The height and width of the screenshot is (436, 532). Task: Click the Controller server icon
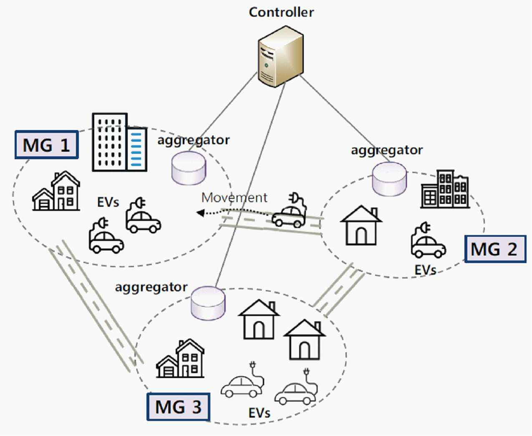point(280,57)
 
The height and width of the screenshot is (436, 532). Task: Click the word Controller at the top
point(281,13)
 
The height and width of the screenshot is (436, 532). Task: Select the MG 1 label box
point(47,145)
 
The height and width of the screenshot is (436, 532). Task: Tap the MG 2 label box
point(495,249)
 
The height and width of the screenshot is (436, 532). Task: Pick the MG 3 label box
point(178,406)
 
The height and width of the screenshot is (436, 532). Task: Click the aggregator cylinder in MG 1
point(189,168)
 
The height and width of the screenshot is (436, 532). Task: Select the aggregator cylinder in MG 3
point(208,303)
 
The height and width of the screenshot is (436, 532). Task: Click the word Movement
point(234,198)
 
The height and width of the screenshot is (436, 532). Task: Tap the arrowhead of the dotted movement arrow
point(200,213)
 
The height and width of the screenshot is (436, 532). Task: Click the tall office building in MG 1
point(120,143)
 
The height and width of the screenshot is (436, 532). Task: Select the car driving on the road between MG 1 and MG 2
point(289,210)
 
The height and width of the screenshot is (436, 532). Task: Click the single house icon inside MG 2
point(361,225)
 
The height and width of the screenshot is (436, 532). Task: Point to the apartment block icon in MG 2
point(445,189)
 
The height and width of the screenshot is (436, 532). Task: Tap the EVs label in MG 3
point(259,413)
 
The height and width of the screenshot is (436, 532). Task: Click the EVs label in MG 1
point(108,202)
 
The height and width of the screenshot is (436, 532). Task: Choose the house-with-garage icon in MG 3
point(180,358)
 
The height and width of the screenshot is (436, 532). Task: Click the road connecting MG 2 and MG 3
point(339,290)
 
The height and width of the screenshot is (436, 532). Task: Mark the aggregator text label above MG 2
point(387,150)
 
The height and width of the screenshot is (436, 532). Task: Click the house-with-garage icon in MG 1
point(56,191)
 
